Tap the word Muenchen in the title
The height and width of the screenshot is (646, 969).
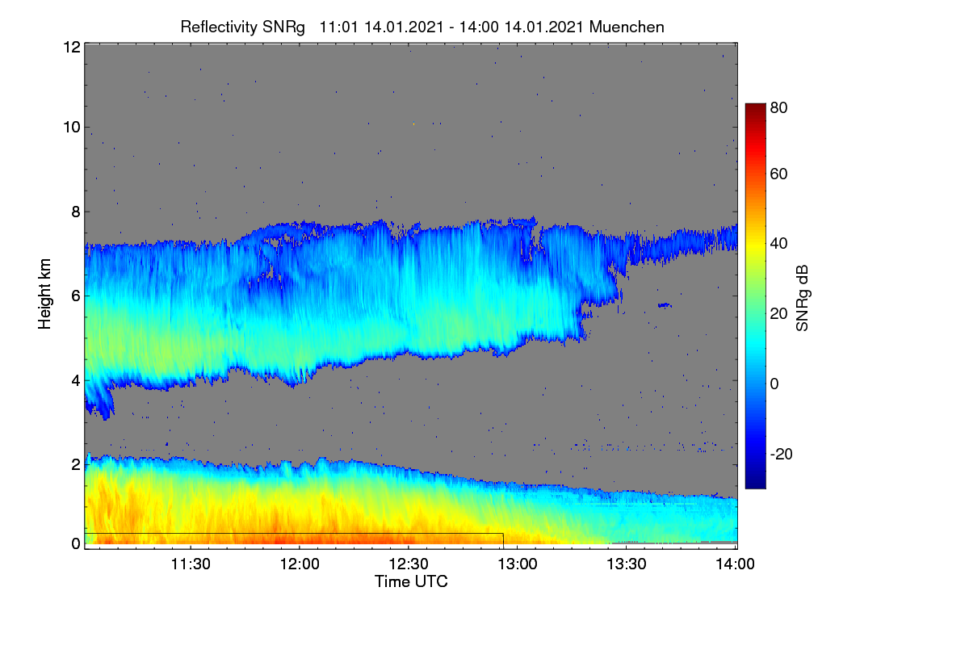click(627, 27)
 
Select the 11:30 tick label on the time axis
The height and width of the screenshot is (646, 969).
click(191, 564)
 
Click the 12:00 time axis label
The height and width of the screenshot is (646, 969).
click(300, 564)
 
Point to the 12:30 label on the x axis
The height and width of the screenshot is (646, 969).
click(409, 564)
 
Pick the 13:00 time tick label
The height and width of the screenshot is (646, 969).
click(518, 564)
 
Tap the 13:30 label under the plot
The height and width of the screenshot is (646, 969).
click(627, 564)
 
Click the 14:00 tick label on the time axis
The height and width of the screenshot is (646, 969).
click(735, 564)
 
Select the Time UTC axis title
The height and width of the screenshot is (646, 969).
click(411, 581)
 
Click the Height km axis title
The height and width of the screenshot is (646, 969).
click(44, 294)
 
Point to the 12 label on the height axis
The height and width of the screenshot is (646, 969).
click(72, 47)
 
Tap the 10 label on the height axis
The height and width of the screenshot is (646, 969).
click(72, 128)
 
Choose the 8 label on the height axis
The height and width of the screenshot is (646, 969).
click(76, 212)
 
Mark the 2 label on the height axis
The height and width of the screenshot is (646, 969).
click(76, 464)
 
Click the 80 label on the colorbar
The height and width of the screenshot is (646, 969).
click(778, 107)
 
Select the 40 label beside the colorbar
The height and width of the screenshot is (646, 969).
click(778, 244)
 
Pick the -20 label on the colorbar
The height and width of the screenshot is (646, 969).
click(781, 454)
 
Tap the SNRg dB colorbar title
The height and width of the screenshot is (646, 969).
click(803, 299)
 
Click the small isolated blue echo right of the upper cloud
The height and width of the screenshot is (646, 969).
click(665, 305)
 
